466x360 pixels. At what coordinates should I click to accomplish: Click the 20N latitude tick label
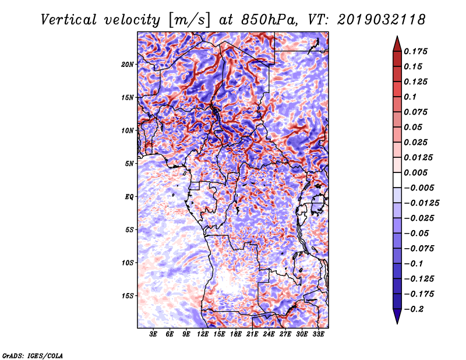click(x=128, y=64)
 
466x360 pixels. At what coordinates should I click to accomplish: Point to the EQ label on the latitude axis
click(x=129, y=196)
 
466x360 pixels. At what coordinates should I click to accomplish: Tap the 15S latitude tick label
click(x=128, y=295)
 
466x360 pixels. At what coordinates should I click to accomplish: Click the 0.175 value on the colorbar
click(x=416, y=51)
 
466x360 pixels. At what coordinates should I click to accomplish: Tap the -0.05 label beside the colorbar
click(x=419, y=233)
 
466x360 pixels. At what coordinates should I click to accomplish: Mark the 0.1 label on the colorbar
click(x=412, y=97)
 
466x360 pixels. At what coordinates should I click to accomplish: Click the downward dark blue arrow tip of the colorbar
click(x=397, y=319)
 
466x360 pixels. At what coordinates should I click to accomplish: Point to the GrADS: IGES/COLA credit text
click(x=33, y=355)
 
